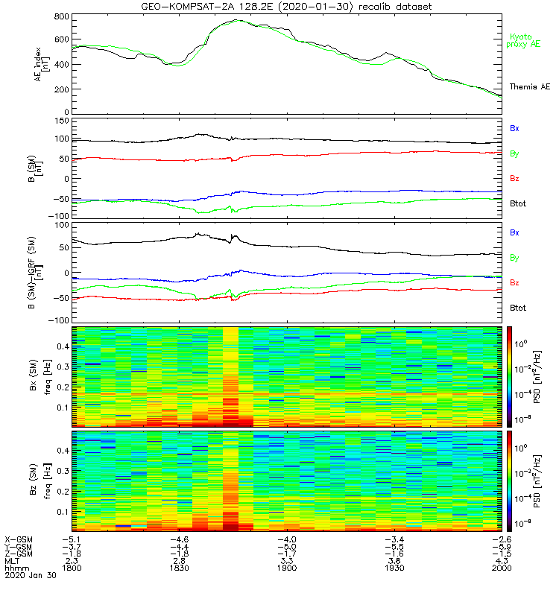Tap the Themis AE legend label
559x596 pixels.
point(529,87)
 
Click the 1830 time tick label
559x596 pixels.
point(179,568)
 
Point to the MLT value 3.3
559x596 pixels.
point(286,560)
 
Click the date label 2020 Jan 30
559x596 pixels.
point(26,575)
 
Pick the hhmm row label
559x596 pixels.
point(14,568)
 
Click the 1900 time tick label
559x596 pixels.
point(286,568)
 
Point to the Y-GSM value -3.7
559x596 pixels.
point(71,545)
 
